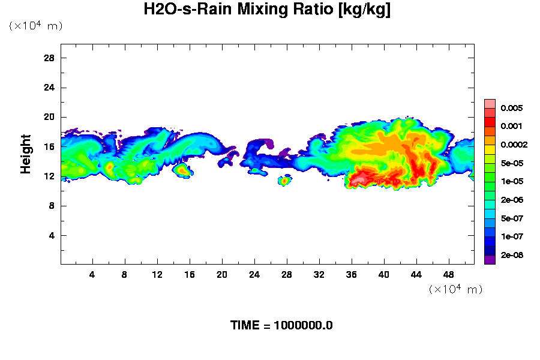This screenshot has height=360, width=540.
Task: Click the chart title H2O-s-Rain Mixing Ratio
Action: (x=267, y=10)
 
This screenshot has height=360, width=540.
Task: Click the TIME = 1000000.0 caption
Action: (x=281, y=326)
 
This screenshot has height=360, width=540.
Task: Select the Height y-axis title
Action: (x=26, y=161)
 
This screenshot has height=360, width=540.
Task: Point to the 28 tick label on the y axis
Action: (x=49, y=58)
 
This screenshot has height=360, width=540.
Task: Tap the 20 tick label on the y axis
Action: (x=49, y=117)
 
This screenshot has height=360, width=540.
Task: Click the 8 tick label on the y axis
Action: (x=52, y=206)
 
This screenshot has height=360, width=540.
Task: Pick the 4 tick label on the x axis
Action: (x=92, y=274)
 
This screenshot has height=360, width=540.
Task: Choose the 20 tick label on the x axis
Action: (x=221, y=274)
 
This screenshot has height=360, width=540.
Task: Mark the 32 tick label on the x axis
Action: (x=319, y=274)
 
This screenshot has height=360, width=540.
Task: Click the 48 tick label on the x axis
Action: (x=448, y=274)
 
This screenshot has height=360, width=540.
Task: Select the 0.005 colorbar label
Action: (x=513, y=109)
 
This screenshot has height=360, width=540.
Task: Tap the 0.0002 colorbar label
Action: (x=515, y=145)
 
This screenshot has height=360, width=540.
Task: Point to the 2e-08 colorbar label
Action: (x=513, y=256)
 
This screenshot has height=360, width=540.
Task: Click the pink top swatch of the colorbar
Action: (x=490, y=103)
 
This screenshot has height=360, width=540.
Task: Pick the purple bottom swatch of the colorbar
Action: (x=490, y=260)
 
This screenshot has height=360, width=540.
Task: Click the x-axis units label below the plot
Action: (x=455, y=290)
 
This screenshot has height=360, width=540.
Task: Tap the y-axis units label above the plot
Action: (x=35, y=26)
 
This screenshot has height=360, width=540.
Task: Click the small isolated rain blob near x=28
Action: (x=285, y=181)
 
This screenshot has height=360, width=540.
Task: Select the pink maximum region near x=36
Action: (x=361, y=178)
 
